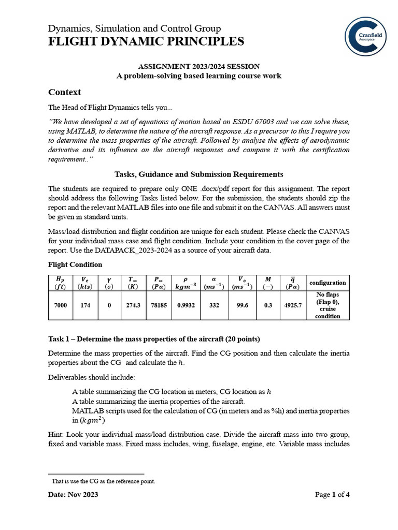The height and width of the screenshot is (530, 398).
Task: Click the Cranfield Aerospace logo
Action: click(367, 36)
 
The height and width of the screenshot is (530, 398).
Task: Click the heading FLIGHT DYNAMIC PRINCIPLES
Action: click(146, 42)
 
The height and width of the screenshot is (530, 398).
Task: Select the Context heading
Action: click(65, 92)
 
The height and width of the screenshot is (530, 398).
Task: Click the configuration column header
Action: click(327, 283)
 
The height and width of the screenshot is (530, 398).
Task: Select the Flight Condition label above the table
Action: click(75, 264)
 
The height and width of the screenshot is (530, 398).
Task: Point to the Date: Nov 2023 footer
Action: click(73, 494)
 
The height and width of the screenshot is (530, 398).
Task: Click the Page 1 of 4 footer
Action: click(333, 494)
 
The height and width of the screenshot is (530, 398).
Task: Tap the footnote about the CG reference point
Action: click(103, 481)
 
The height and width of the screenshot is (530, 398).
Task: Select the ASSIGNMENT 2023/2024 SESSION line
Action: click(198, 67)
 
